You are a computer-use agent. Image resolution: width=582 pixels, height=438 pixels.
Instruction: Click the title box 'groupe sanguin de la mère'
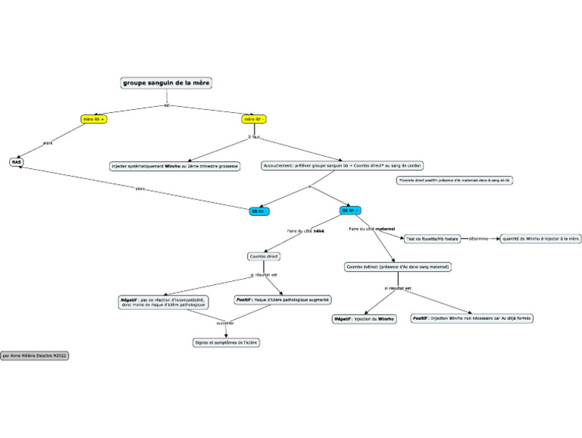click(x=167, y=83)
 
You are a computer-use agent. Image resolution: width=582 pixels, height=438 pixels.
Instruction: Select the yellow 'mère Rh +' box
click(x=95, y=119)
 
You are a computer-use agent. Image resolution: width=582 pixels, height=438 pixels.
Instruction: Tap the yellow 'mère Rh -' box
click(x=254, y=119)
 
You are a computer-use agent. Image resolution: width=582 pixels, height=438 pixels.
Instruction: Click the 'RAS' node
click(x=17, y=161)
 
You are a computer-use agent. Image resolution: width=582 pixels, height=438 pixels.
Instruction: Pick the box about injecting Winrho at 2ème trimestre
click(x=175, y=165)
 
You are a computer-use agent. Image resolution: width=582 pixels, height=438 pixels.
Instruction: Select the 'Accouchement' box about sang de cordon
click(x=343, y=165)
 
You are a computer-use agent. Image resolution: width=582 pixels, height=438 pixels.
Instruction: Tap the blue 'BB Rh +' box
click(x=350, y=210)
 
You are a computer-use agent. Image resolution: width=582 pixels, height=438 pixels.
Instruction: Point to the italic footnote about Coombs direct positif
click(x=454, y=180)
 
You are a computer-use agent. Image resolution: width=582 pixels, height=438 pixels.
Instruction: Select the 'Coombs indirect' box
click(x=398, y=267)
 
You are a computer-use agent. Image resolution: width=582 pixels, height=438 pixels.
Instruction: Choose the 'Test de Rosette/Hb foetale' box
click(x=432, y=238)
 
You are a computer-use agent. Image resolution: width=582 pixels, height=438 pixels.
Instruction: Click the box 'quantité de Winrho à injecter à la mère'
click(x=540, y=238)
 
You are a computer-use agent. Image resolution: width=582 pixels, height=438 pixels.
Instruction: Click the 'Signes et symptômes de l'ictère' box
click(x=226, y=343)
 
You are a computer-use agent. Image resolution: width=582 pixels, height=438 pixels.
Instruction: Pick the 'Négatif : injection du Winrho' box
click(x=365, y=319)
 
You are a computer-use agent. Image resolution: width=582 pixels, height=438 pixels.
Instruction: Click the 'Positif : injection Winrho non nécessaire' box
click(x=471, y=319)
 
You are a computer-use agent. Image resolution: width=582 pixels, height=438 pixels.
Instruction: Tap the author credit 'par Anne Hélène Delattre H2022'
click(x=35, y=355)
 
